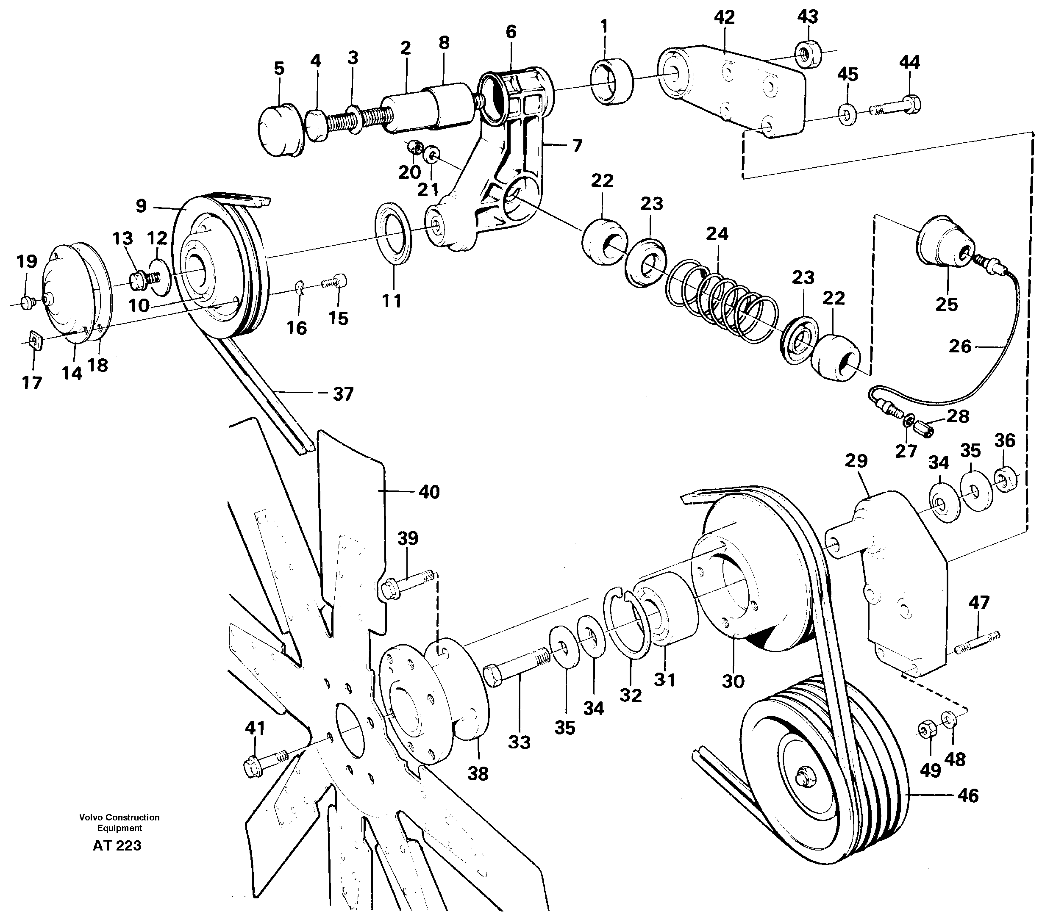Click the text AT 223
[x=117, y=846]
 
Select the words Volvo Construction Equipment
[x=119, y=822]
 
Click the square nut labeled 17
[x=34, y=339]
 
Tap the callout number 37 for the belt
[x=342, y=394]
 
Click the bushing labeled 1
[x=611, y=81]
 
